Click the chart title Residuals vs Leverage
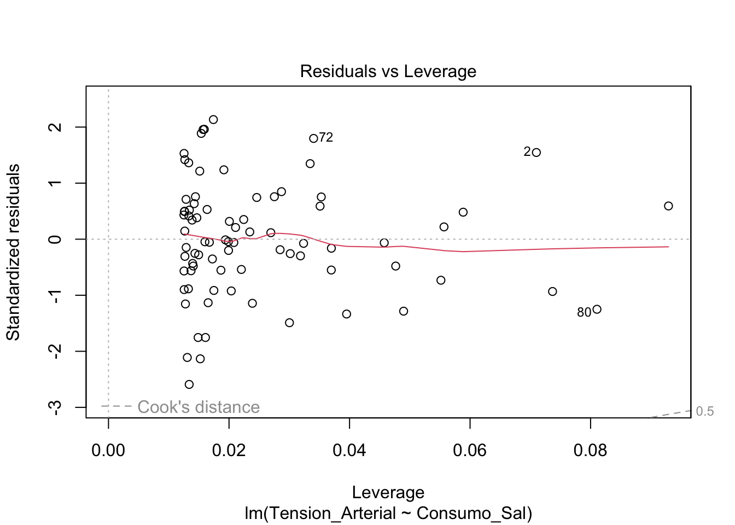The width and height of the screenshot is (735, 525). [x=388, y=72]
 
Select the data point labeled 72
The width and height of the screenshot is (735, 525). [x=313, y=138]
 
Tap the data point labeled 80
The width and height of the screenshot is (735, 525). [x=597, y=310]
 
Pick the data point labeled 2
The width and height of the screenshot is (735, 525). [x=536, y=153]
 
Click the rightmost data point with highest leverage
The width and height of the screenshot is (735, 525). [x=668, y=206]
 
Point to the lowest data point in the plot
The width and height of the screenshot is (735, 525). [x=189, y=384]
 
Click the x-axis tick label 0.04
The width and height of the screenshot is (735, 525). [x=349, y=451]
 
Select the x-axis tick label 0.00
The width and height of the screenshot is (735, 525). [x=108, y=451]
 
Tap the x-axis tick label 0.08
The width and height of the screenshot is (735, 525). [x=590, y=451]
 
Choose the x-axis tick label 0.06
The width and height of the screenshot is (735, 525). [x=470, y=451]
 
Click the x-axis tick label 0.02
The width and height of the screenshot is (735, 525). [x=229, y=451]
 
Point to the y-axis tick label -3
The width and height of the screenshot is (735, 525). [x=55, y=407]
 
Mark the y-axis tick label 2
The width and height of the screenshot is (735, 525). [x=55, y=127]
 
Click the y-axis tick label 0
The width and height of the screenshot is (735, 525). [x=55, y=239]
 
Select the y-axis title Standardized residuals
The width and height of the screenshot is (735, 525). [x=13, y=252]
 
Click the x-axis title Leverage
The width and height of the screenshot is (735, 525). [x=388, y=493]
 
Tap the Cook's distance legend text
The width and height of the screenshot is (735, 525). [x=199, y=407]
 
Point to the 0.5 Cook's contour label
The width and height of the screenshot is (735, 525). [x=705, y=412]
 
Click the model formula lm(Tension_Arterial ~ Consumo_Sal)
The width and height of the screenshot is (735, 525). [x=388, y=514]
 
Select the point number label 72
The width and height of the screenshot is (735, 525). [x=326, y=138]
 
